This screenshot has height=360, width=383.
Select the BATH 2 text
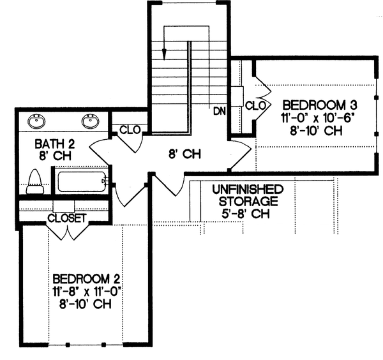[47, 144]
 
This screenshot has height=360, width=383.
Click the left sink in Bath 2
[37, 120]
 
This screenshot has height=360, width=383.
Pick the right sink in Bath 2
[90, 120]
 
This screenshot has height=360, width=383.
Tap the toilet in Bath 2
[34, 181]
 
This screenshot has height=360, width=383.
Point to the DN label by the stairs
[220, 111]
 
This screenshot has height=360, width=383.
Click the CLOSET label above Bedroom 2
[67, 218]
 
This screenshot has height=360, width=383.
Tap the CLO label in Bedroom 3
[255, 105]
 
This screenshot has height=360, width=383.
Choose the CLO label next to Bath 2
[130, 130]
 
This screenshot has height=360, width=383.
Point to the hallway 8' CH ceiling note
[185, 154]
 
